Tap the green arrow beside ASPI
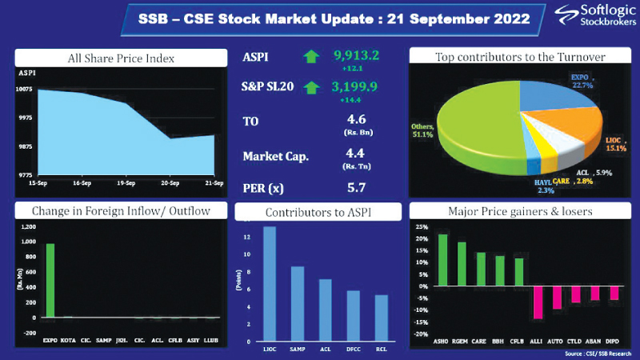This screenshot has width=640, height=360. click(x=310, y=58)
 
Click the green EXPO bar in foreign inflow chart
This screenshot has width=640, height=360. click(x=50, y=280)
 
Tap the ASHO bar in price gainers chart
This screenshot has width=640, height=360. click(x=442, y=260)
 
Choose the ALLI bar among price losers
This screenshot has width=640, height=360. click(x=538, y=302)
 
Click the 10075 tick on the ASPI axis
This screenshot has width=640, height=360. click(x=24, y=89)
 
